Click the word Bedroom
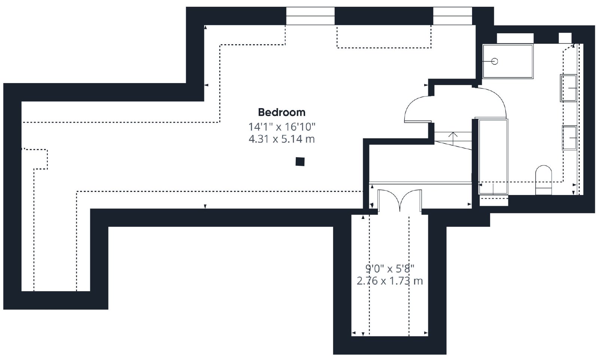tap(282, 112)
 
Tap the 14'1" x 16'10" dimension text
tap(282, 127)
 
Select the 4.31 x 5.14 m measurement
tap(282, 139)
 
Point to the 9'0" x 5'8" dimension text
tap(390, 268)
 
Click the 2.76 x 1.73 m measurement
tap(390, 281)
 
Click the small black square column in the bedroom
tap(300, 162)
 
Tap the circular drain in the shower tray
tap(495, 61)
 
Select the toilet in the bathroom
tap(544, 180)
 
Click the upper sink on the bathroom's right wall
tap(569, 88)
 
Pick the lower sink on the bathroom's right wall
tap(569, 138)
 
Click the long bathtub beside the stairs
tap(493, 157)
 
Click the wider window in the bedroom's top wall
tap(310, 16)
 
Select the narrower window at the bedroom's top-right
tap(453, 16)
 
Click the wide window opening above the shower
tap(515, 38)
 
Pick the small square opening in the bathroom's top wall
tap(565, 38)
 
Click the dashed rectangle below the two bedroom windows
tap(384, 37)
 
